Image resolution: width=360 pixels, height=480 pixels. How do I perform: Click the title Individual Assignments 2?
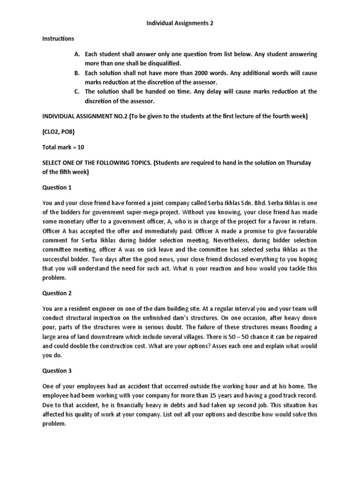point(180,24)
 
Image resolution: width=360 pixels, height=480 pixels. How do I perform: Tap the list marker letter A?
point(77,54)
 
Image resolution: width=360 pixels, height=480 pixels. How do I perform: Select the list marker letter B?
point(77,73)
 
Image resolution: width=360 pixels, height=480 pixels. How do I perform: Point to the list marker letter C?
point(77,91)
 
